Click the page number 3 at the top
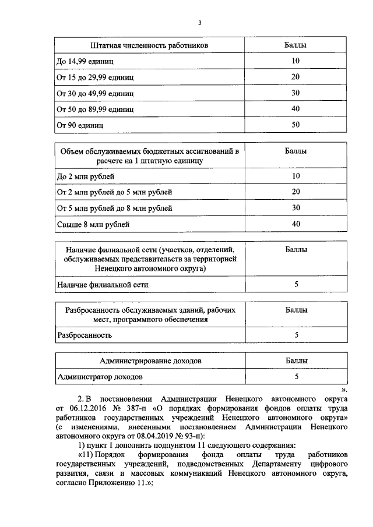click(x=199, y=23)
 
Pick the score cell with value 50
click(x=295, y=125)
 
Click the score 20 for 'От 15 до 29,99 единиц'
click(x=295, y=77)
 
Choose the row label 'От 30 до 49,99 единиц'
click(x=95, y=93)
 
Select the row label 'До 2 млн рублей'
click(x=85, y=176)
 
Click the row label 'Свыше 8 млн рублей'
click(x=93, y=224)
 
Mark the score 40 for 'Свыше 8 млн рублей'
click(x=295, y=224)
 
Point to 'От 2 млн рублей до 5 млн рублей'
click(x=114, y=192)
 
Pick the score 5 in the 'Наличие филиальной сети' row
click(x=296, y=285)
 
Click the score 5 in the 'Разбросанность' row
click(x=296, y=335)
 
